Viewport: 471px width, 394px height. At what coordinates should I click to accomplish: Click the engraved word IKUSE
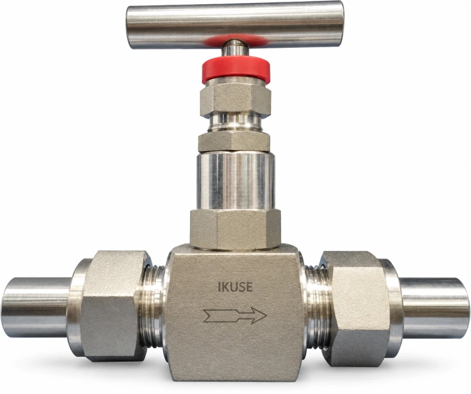235,287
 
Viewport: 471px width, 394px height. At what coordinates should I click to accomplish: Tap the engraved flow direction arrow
235,316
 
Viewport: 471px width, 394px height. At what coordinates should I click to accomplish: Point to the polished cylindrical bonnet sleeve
235,180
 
